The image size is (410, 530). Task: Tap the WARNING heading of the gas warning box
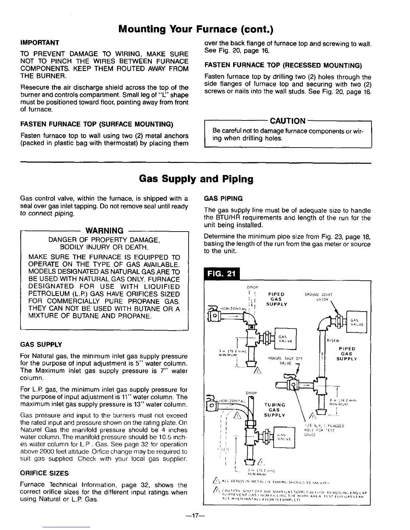click(105, 231)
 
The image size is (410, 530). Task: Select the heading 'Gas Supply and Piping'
click(196, 179)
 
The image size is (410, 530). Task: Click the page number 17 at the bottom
click(196, 516)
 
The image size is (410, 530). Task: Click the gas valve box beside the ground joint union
click(357, 322)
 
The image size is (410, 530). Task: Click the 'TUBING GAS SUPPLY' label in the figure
click(275, 410)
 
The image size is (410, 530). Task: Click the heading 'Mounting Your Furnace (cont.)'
click(196, 30)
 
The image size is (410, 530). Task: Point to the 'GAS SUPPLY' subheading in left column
click(41, 345)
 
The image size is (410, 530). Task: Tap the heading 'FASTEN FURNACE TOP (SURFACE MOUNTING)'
click(96, 125)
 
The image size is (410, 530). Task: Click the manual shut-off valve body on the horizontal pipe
click(294, 386)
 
